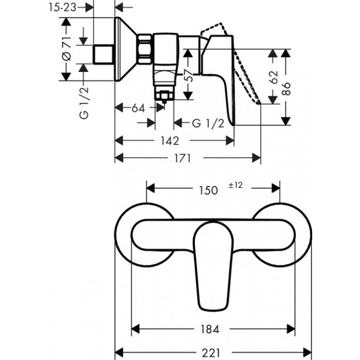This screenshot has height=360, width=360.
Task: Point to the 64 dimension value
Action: pos(138,108)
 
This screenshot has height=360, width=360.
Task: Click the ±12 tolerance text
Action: pos(234,186)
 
